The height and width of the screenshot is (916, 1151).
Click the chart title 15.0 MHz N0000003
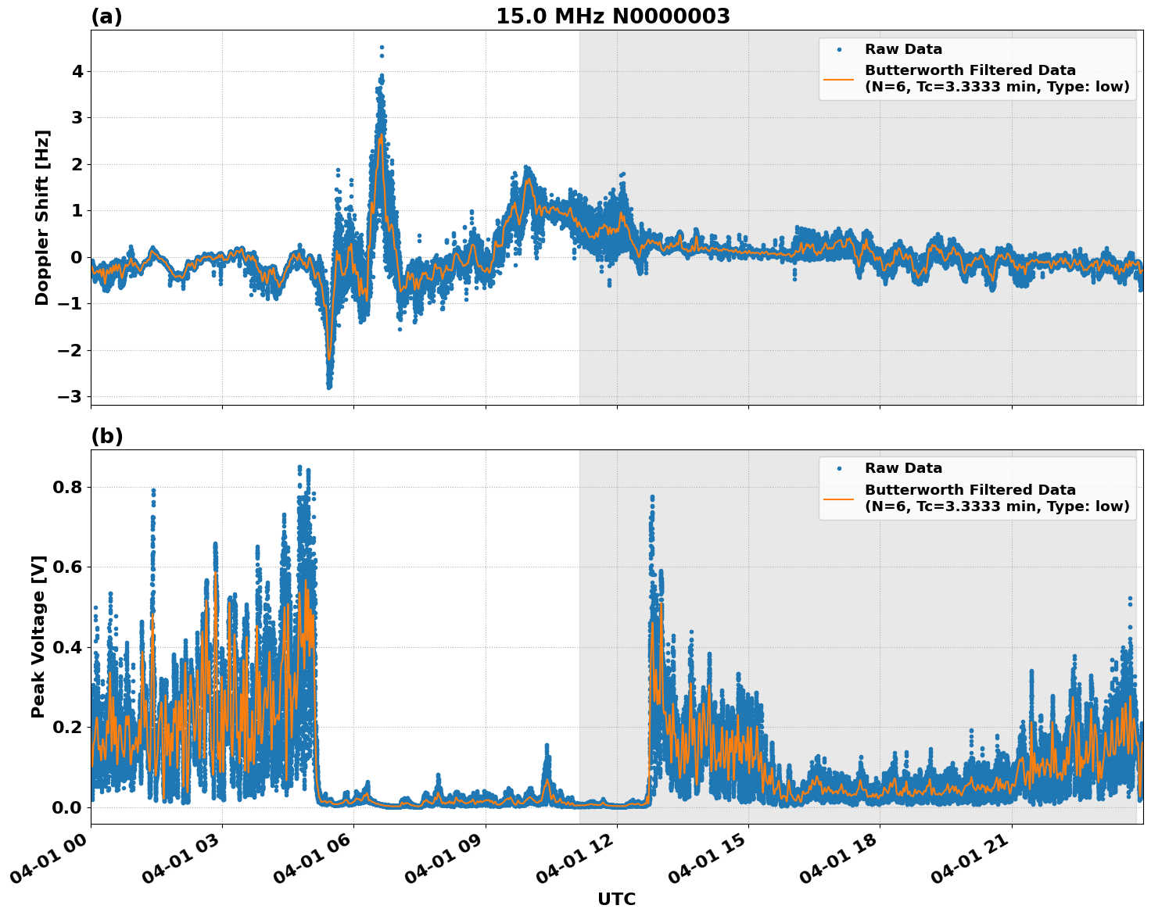[612, 16]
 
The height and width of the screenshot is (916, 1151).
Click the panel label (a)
[106, 16]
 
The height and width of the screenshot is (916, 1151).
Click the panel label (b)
[106, 436]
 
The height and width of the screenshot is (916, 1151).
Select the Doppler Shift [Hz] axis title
[42, 217]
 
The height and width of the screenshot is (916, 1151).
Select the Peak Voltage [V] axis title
[38, 636]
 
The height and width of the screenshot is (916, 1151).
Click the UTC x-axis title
[616, 899]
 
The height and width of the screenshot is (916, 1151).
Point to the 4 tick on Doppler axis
[77, 72]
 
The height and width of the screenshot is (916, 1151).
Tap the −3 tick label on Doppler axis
[70, 396]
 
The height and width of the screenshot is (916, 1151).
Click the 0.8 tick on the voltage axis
[70, 487]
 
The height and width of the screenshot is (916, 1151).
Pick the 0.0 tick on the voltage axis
[70, 807]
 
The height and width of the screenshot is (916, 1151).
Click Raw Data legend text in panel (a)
[903, 49]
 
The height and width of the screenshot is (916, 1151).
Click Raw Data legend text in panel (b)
[903, 468]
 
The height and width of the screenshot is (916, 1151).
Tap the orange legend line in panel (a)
[839, 78]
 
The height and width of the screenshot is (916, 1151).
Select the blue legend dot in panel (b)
[839, 468]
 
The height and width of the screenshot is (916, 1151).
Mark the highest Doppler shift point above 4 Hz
[382, 48]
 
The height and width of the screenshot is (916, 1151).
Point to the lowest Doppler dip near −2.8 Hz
[329, 386]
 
